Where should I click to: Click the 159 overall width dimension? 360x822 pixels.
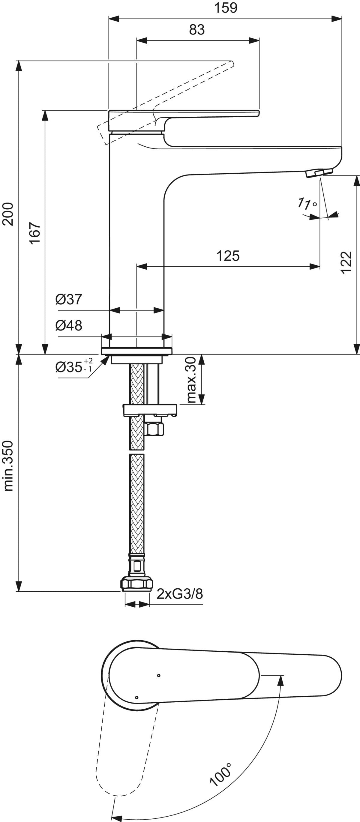click(x=226, y=8)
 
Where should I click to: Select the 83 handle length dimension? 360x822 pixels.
click(x=196, y=30)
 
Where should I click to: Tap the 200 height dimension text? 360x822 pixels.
click(x=8, y=214)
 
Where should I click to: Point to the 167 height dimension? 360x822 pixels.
click(x=35, y=233)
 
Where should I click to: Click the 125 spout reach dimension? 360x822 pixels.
click(x=228, y=256)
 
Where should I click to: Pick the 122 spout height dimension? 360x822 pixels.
click(x=346, y=262)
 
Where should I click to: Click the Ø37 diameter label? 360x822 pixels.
click(x=69, y=299)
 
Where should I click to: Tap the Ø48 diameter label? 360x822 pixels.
click(x=69, y=325)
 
